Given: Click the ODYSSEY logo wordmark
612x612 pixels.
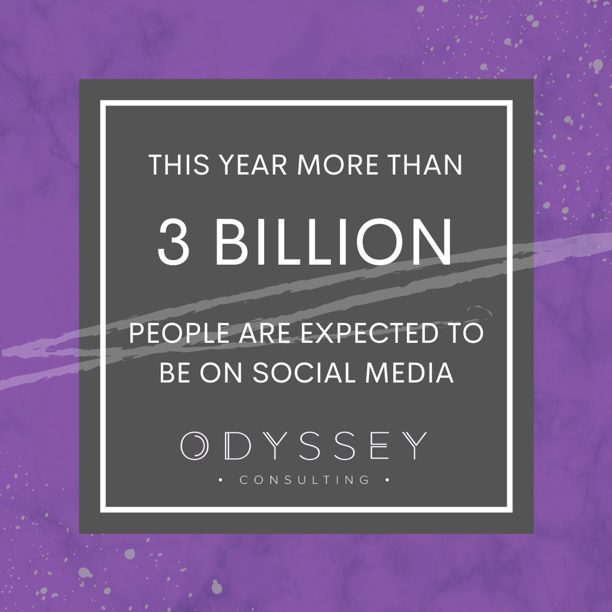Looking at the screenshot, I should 304,446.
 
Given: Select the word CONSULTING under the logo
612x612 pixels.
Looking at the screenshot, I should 304,480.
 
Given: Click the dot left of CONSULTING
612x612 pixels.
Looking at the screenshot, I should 220,480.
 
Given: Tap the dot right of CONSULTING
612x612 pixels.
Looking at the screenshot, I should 387,480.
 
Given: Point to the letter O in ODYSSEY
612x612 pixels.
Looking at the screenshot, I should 194,446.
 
